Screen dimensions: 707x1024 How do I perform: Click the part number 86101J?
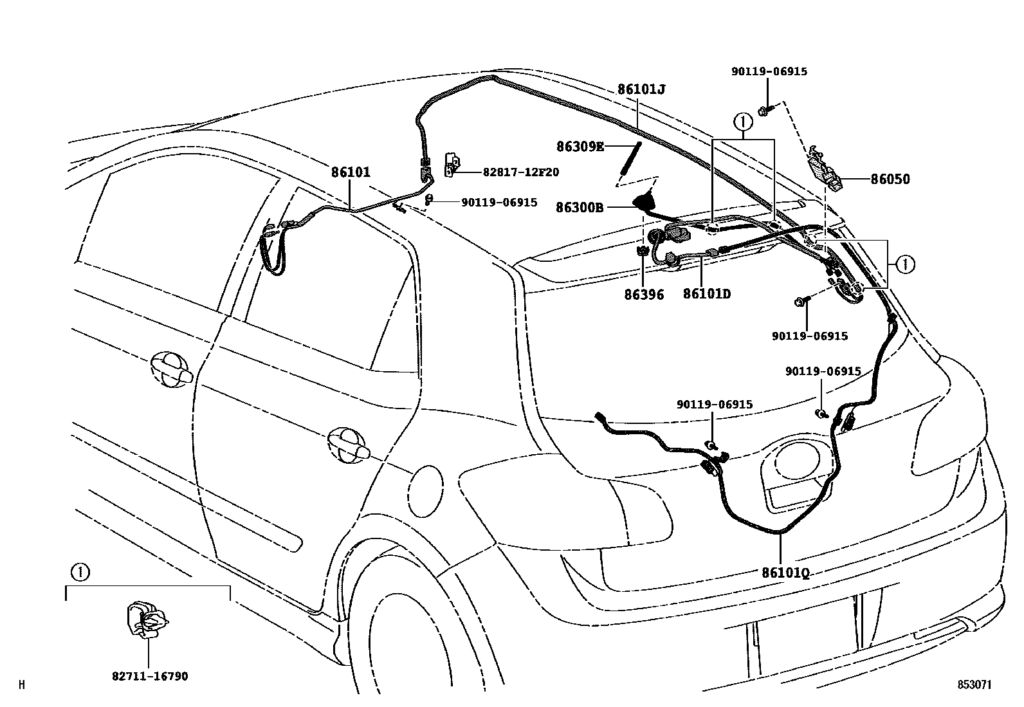tap(641, 89)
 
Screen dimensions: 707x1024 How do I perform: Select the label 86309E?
tap(580, 147)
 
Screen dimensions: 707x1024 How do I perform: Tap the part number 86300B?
tap(580, 208)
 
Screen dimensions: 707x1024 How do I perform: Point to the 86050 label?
tap(890, 179)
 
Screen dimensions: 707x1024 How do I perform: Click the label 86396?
tap(643, 295)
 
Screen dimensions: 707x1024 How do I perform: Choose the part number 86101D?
tap(706, 294)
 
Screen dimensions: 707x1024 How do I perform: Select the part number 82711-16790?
tap(150, 676)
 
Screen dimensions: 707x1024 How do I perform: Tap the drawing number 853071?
tap(974, 685)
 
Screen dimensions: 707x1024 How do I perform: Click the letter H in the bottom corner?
tap(22, 685)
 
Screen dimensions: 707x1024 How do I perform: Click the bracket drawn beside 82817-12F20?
tap(453, 165)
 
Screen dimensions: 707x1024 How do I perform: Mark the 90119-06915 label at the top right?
tap(769, 72)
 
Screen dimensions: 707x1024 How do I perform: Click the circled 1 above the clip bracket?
tap(78, 571)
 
